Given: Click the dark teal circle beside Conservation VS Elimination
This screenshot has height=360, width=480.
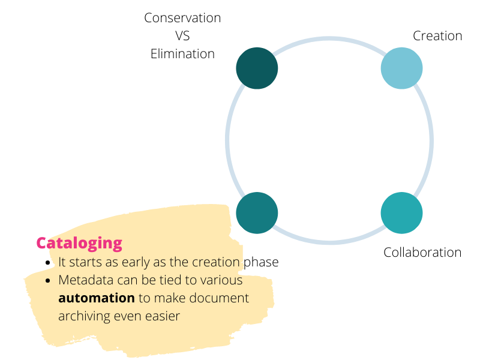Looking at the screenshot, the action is click(257, 68).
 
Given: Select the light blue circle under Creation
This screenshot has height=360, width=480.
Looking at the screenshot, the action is click(401, 68).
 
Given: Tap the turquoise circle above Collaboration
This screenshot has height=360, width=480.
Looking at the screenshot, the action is click(401, 213).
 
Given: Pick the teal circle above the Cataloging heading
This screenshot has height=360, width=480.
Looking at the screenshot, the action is click(257, 213).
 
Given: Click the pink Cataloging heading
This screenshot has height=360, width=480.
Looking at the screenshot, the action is click(79, 244).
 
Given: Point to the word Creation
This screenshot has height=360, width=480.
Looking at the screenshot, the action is click(437, 36).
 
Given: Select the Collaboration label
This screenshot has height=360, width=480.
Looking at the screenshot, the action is click(422, 253).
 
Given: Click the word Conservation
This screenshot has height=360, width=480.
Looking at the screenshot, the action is click(182, 18).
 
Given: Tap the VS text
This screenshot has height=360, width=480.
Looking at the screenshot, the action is click(182, 36).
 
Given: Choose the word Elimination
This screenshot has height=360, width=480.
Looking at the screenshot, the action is click(182, 54).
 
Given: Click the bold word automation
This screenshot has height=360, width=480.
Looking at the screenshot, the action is click(97, 298).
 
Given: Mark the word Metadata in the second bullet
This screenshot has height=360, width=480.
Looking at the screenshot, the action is click(86, 280).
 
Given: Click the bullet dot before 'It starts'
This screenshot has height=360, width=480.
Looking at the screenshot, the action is click(47, 263).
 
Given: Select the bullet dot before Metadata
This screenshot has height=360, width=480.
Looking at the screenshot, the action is click(47, 280).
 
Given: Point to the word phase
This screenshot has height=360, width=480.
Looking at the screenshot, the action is click(261, 263).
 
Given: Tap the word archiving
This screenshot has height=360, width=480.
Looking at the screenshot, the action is click(84, 317).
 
